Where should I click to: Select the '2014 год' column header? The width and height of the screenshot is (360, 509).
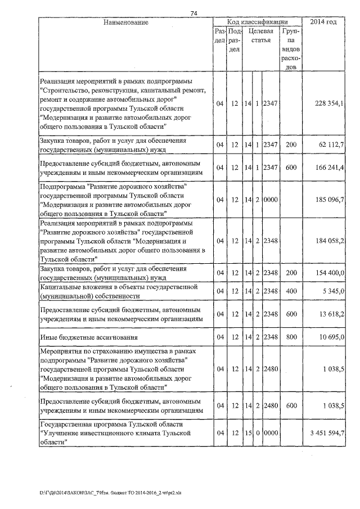[x=324, y=22]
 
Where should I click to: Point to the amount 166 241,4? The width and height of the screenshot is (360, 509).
[x=330, y=168]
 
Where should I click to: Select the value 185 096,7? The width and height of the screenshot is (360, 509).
[x=330, y=200]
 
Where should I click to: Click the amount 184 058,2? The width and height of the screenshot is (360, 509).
[x=330, y=241]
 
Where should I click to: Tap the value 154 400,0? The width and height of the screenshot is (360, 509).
[x=330, y=272]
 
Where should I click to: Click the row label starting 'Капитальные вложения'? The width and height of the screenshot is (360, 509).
[x=118, y=291]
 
